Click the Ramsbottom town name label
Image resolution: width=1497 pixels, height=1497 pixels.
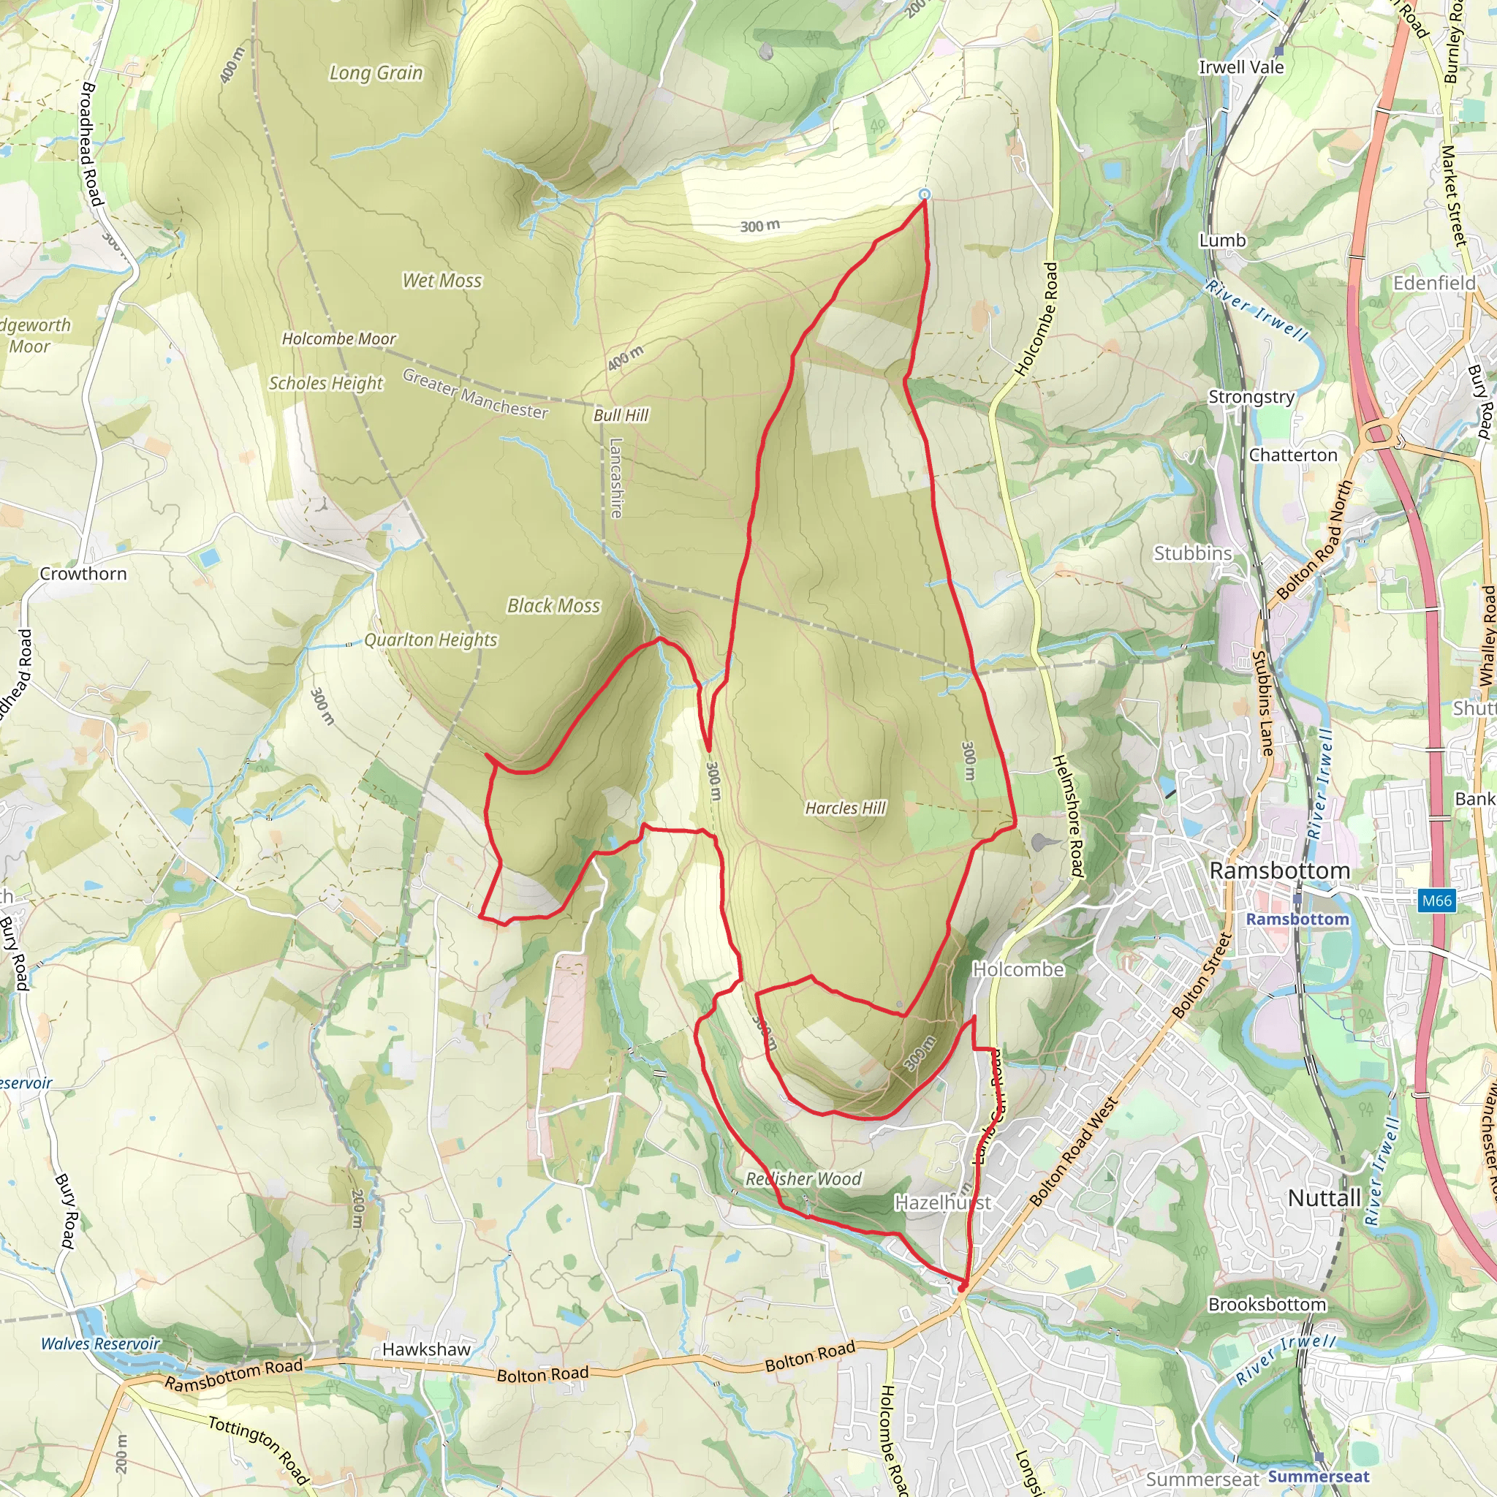[1279, 871]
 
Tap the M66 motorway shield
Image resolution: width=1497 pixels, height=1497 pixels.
[1436, 901]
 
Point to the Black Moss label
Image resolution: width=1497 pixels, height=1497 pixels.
[553, 606]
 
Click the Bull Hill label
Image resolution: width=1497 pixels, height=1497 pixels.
[621, 415]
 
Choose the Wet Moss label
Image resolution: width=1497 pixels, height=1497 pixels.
[441, 281]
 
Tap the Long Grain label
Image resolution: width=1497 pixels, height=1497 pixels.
[376, 73]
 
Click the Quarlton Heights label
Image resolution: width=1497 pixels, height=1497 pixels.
[431, 640]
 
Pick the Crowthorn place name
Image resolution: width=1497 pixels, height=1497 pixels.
[83, 574]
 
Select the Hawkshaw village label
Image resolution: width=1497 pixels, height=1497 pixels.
[426, 1350]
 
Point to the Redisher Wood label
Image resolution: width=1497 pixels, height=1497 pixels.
[803, 1179]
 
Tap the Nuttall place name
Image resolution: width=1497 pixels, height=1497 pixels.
[1324, 1199]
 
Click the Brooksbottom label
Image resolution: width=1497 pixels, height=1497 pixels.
[1267, 1305]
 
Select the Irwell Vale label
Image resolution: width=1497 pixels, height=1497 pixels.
[1241, 67]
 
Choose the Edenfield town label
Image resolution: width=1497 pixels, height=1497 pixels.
[1434, 284]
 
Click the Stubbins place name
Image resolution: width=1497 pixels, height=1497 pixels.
[1192, 553]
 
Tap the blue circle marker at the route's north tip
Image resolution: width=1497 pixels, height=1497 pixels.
[924, 194]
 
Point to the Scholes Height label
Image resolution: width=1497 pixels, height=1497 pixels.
[325, 383]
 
